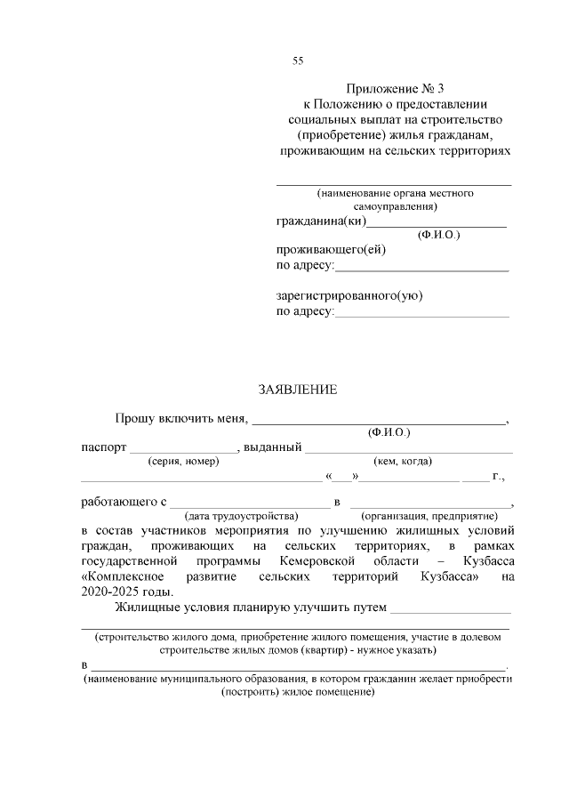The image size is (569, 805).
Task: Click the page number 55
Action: click(298, 60)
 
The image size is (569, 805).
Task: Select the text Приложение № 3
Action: click(393, 89)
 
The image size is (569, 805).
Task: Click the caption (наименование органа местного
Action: click(395, 193)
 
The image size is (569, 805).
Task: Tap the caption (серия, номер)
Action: click(183, 461)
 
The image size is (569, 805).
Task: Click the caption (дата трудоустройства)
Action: click(240, 516)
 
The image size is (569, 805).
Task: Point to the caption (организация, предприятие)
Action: click(428, 516)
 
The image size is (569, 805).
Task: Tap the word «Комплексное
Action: click(121, 577)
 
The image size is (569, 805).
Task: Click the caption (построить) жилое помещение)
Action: click(297, 692)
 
